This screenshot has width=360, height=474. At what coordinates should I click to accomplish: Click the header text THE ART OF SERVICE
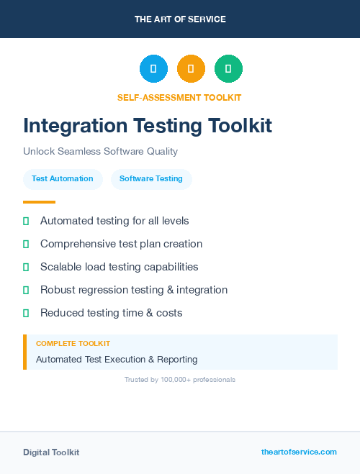coord(180,19)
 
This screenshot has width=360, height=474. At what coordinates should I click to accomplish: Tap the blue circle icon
coord(153,69)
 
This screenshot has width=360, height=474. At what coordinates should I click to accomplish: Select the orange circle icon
coord(191,69)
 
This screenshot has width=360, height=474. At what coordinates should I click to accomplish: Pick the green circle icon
coord(228,69)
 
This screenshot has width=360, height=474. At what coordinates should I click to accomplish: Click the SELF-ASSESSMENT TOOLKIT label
coord(180,97)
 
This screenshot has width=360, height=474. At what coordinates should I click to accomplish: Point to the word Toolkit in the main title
coord(240,126)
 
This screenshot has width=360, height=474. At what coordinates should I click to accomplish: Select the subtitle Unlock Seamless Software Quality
coord(100,152)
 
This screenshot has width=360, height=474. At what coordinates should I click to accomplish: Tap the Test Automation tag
coord(62,178)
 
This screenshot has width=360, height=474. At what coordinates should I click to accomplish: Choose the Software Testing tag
coord(151,178)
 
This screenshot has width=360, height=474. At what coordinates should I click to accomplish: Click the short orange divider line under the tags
coord(39,202)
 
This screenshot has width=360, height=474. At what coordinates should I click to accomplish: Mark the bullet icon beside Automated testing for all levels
coord(26,221)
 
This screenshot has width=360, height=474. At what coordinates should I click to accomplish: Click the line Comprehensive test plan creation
coord(121,244)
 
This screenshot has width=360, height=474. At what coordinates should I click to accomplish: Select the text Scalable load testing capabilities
coord(119,267)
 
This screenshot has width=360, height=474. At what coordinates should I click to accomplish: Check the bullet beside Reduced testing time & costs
coord(26,313)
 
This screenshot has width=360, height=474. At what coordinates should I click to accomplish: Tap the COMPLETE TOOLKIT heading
coord(73,344)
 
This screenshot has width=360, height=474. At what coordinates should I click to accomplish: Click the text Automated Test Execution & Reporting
coord(117,359)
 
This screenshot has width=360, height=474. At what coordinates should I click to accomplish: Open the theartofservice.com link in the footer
coord(299,452)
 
